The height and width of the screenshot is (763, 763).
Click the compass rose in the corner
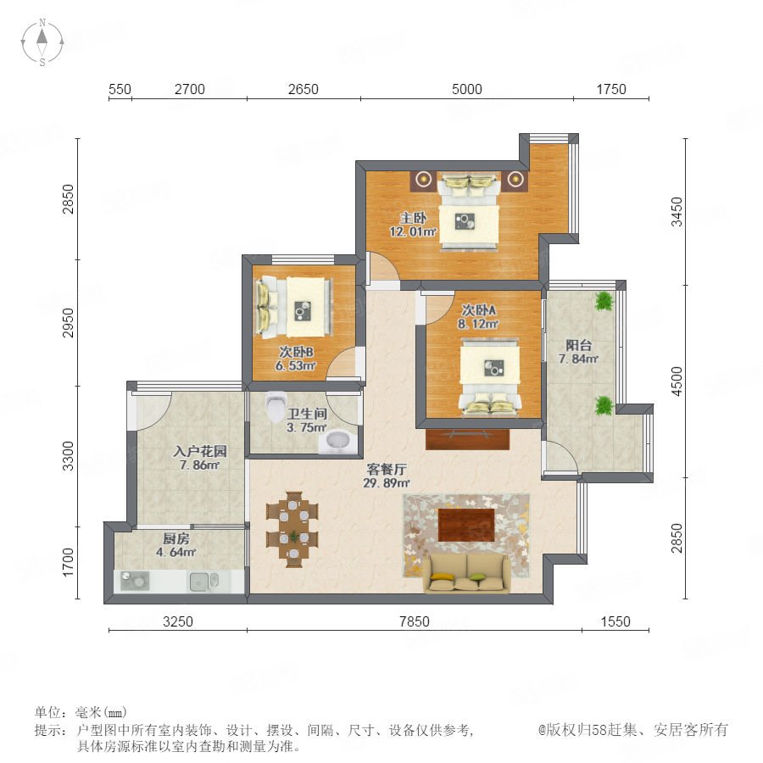[42, 42]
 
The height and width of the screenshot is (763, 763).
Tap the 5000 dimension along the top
[466, 89]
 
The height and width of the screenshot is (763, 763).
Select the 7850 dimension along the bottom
[414, 621]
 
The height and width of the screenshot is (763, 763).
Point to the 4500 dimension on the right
[677, 381]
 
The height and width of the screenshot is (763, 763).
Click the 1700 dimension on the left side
[68, 562]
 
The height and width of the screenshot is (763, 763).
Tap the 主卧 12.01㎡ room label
[413, 225]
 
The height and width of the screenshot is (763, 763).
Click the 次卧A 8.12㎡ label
[478, 317]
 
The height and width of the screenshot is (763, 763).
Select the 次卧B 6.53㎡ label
[295, 359]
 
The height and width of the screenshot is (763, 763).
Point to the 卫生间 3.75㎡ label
[307, 420]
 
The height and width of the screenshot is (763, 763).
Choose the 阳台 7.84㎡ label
[578, 352]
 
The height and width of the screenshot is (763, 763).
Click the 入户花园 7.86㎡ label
[199, 458]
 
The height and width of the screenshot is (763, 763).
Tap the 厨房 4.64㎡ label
[176, 545]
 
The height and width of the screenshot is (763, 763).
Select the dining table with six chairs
[292, 529]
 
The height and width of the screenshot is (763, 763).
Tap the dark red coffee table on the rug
[466, 525]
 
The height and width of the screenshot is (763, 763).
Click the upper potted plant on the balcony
[604, 301]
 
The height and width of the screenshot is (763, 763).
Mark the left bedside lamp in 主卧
[425, 180]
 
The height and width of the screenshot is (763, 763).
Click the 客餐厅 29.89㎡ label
[386, 476]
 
